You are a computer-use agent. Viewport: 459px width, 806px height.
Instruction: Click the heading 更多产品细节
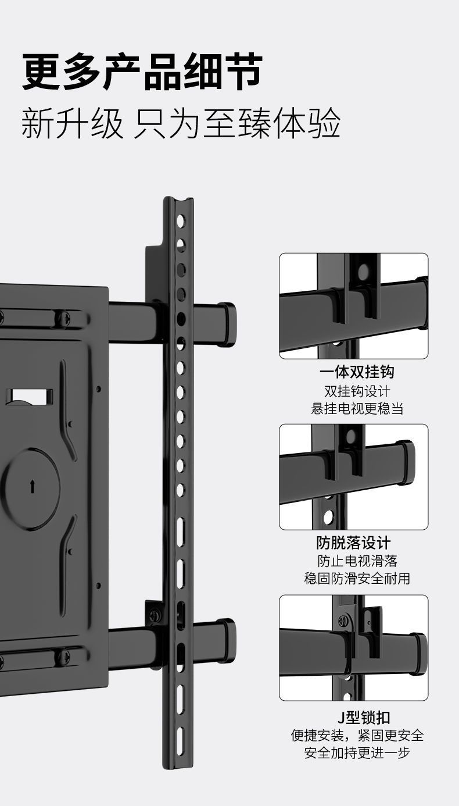pos(142,72)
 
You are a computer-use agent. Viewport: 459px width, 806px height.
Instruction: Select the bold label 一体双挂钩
pos(357,372)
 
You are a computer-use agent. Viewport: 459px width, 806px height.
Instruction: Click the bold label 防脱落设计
pos(354,543)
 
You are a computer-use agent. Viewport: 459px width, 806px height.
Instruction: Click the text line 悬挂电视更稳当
pos(357,409)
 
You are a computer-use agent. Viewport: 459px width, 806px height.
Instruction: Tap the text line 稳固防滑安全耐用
pos(357,579)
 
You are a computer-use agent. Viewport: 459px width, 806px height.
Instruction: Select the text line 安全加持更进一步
pos(357,752)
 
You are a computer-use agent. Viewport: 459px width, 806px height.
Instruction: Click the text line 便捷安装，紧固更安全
pos(357,735)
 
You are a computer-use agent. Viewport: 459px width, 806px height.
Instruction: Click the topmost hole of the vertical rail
pos(181,220)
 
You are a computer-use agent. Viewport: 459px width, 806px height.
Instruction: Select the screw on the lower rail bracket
pos(155,615)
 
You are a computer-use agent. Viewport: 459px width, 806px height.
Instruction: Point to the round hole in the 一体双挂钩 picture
pos(363,270)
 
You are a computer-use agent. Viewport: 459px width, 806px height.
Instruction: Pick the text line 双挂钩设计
pos(357,391)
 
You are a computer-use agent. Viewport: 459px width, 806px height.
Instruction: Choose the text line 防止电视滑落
pos(357,561)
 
